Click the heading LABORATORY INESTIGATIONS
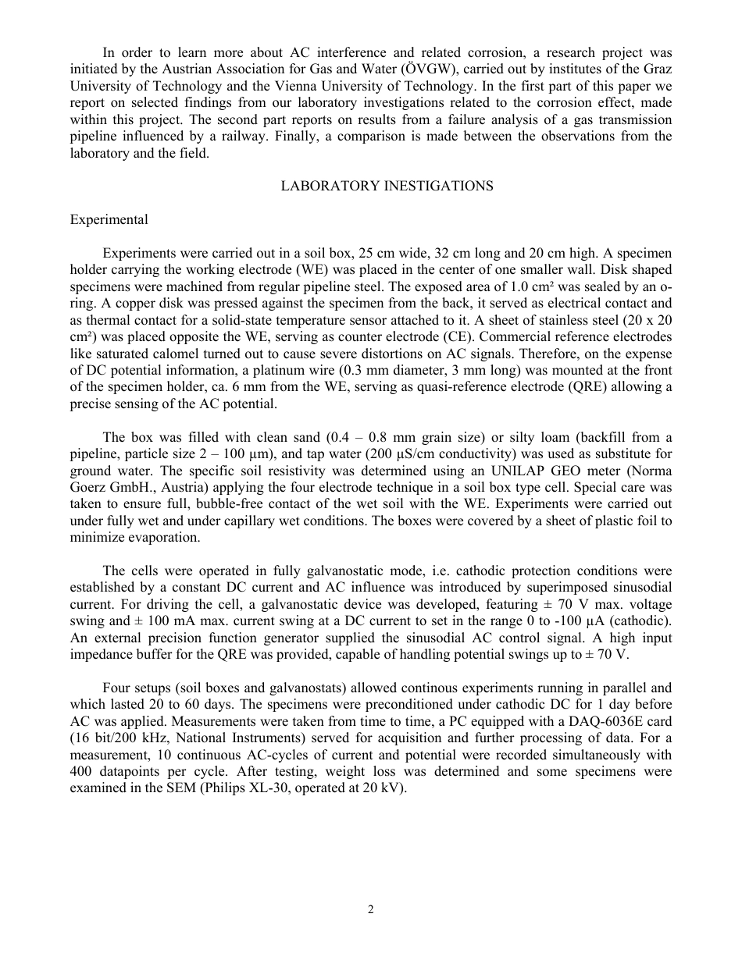[387, 186]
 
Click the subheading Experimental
[109, 219]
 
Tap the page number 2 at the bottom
[371, 909]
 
